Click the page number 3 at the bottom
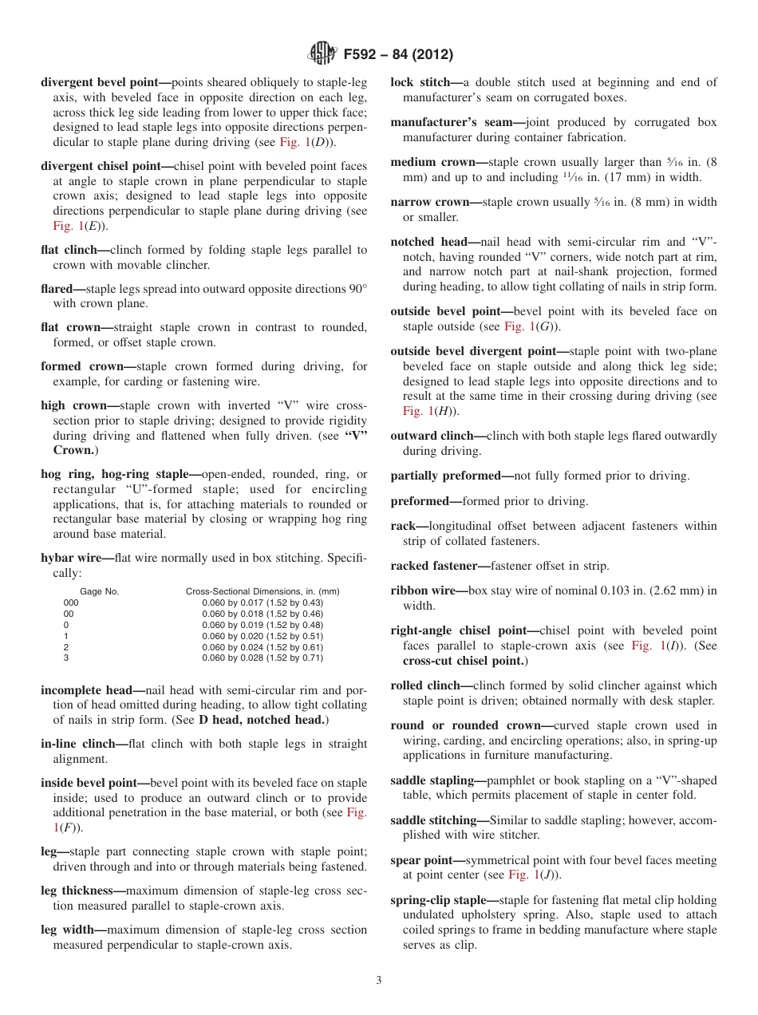pos(379,980)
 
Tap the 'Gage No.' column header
pos(100,591)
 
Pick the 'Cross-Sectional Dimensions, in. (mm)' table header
pos(263,591)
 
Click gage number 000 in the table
pos(71,602)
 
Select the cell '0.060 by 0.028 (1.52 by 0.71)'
pos(263,658)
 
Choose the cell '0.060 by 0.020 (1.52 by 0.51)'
pos(263,636)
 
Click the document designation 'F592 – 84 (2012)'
pos(398,54)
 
